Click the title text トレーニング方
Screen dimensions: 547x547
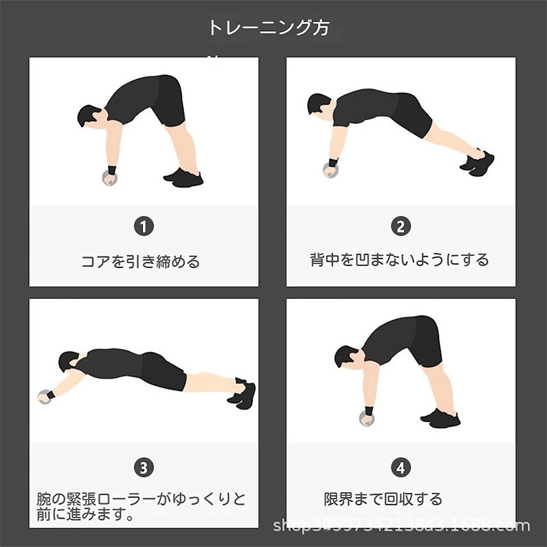(269, 28)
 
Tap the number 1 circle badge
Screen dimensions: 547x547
(143, 226)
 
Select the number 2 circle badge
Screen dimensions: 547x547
(401, 226)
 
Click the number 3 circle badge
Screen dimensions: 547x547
(143, 467)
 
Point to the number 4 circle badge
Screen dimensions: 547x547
(401, 467)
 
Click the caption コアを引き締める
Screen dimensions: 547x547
(140, 262)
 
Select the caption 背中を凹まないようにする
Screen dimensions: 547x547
(399, 260)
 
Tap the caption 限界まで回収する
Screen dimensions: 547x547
(383, 499)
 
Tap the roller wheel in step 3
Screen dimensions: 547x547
(44, 397)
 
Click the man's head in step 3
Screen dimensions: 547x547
(69, 362)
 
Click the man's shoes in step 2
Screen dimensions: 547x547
(478, 163)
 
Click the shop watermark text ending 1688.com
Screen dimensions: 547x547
(401, 525)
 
